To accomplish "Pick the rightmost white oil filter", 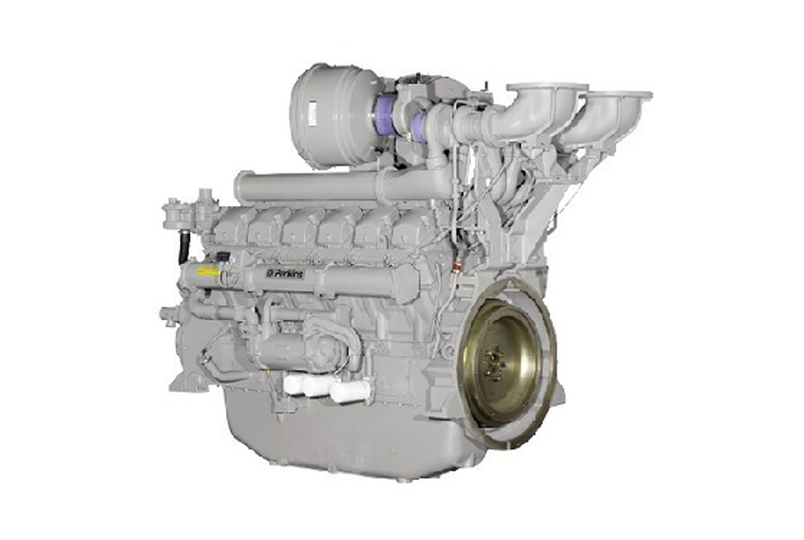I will point(351,391).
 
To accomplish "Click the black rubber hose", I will point(184,245).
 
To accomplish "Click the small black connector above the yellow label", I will point(222,257).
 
